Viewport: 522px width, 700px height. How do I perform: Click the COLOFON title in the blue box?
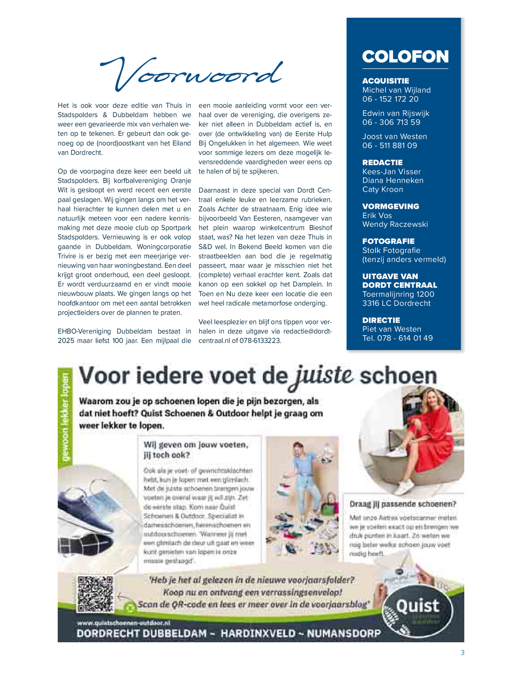coord(405,57)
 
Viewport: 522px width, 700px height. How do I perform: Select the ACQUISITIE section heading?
coord(386,81)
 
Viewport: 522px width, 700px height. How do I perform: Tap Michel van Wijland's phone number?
coord(390,99)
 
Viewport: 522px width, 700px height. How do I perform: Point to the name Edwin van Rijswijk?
coord(396,113)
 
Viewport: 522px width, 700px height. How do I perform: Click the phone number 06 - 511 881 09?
coord(390,146)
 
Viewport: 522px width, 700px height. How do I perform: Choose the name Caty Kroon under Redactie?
coord(383,190)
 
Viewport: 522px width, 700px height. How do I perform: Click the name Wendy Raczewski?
coord(395,225)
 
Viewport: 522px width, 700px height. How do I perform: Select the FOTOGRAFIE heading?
coord(388,241)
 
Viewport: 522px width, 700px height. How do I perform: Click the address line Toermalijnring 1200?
coord(398,294)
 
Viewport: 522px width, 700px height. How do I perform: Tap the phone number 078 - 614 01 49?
coord(405,338)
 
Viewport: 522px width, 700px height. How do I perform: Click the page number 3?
coord(462,652)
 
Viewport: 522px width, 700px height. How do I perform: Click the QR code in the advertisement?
coord(96,594)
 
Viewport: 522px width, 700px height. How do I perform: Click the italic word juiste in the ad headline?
coord(323,376)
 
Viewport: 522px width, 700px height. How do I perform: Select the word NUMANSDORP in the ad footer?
coord(344,633)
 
